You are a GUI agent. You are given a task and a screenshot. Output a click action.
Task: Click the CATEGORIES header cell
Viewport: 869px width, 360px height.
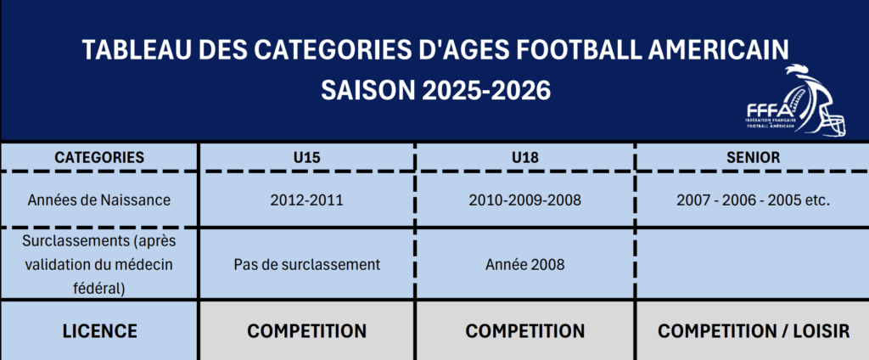99,158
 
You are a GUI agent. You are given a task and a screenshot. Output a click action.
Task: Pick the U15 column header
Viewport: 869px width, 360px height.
306,158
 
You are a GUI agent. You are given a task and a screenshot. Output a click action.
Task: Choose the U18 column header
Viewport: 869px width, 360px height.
524,158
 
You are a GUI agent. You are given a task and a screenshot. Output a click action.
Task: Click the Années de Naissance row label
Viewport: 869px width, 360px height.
99,200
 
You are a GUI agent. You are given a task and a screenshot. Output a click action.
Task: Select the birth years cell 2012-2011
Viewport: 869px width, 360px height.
306,200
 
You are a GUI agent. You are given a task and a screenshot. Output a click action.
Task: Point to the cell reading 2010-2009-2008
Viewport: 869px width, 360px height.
524,200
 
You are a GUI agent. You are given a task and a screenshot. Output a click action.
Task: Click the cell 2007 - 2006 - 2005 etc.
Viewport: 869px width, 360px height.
754,200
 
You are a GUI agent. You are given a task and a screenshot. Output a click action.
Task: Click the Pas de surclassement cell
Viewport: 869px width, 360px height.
307,265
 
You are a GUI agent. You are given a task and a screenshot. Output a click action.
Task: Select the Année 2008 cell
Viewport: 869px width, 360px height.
524,265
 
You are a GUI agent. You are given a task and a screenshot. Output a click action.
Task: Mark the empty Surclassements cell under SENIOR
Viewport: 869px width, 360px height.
752,264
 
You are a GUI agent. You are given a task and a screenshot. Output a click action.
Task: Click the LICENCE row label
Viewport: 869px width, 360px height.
100,331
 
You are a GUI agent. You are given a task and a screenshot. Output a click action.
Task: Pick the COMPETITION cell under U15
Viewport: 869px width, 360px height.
306,331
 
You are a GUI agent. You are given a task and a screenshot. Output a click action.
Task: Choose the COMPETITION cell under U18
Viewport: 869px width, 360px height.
524,331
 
